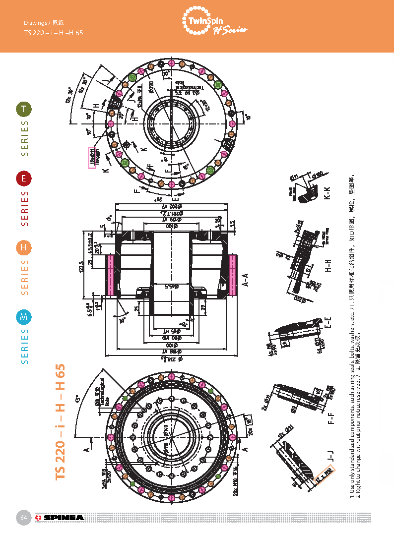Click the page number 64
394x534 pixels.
(x=23, y=518)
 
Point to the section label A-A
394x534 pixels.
(x=245, y=282)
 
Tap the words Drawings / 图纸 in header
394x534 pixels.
(x=44, y=23)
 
